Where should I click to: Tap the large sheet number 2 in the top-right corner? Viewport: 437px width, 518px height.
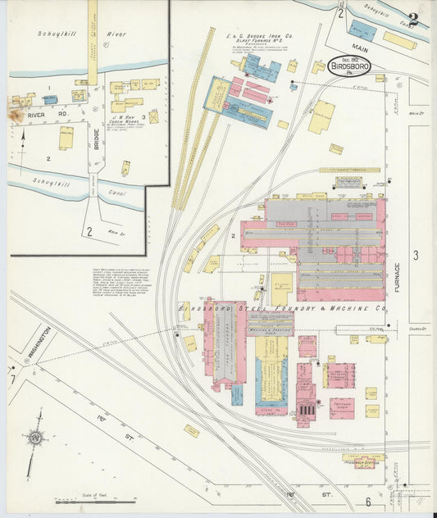click(415, 20)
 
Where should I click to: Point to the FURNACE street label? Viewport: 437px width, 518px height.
click(398, 281)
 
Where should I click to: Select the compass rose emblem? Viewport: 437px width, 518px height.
click(35, 438)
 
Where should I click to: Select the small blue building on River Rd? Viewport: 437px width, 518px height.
click(50, 99)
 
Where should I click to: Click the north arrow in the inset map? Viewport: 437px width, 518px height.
click(22, 152)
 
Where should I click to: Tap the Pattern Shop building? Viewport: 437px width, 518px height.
click(342, 406)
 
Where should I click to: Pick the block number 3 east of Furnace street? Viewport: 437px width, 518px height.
click(415, 255)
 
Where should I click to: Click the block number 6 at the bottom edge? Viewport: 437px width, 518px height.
click(368, 502)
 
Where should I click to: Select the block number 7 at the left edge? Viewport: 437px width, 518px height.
click(12, 379)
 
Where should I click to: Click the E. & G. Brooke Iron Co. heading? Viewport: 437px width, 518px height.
click(261, 37)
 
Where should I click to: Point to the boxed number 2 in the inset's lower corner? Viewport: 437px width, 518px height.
click(88, 231)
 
